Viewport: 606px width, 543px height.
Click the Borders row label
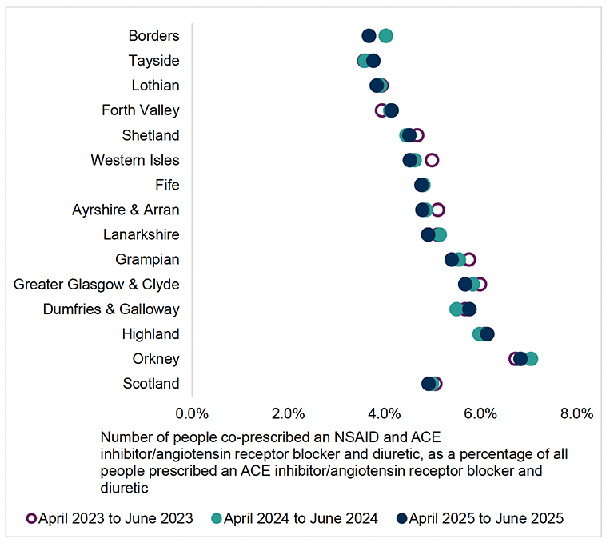click(x=153, y=35)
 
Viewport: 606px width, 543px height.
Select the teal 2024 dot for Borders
click(x=385, y=35)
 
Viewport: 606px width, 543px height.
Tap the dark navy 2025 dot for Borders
click(x=369, y=35)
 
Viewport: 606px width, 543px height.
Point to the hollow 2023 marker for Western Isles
click(x=432, y=160)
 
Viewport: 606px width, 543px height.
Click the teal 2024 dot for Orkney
click(x=531, y=358)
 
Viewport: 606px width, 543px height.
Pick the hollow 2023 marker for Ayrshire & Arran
click(x=437, y=210)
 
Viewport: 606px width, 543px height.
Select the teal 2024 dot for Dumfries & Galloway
click(x=456, y=309)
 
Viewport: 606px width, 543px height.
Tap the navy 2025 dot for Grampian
click(x=452, y=259)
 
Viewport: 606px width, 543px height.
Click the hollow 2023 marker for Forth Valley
click(x=381, y=110)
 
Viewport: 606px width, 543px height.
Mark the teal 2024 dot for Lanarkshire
click(x=439, y=234)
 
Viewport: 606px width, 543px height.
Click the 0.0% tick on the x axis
click(x=192, y=413)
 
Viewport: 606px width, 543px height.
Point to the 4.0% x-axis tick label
click(x=385, y=413)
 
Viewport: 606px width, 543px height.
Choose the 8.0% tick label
click(x=576, y=413)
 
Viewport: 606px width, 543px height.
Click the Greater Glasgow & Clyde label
click(x=97, y=285)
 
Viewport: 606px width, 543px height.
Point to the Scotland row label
click(x=151, y=384)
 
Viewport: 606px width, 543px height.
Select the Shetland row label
click(x=150, y=135)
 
